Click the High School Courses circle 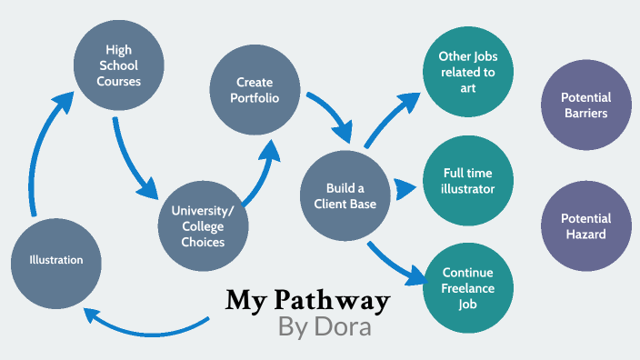coord(118,65)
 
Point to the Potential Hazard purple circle coord(585,225)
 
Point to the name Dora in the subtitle coord(344,327)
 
